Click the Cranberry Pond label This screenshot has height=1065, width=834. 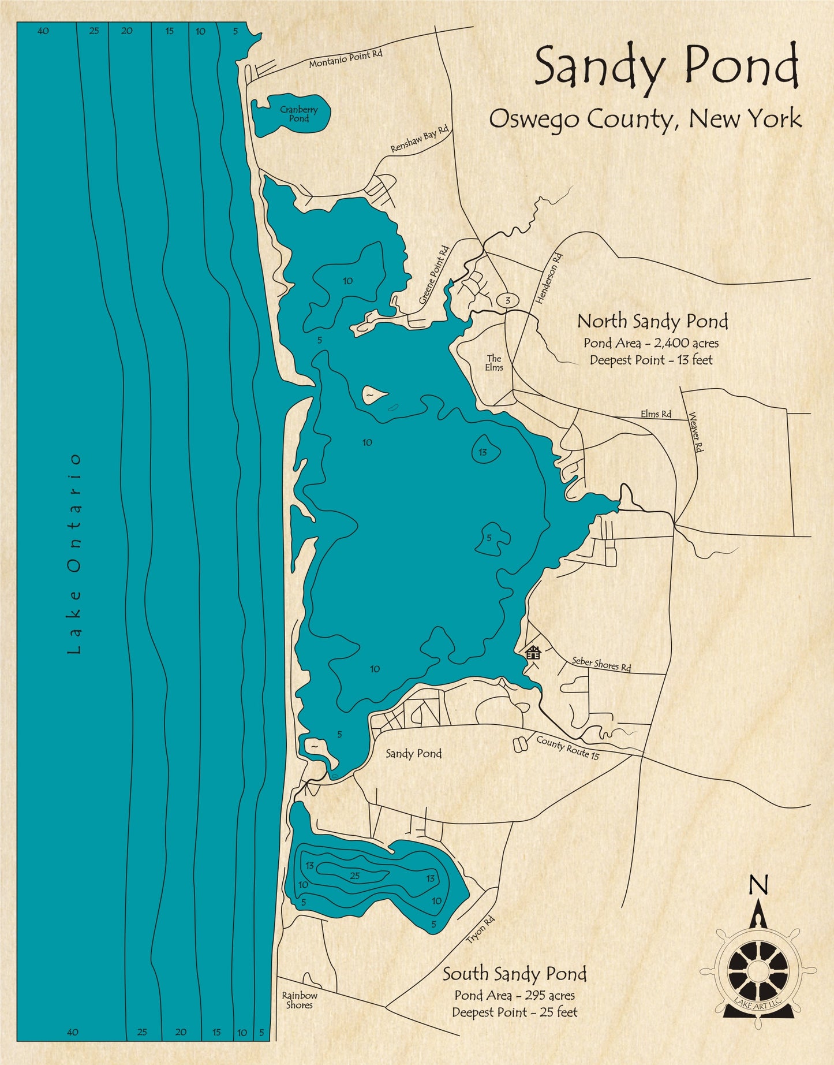tap(298, 114)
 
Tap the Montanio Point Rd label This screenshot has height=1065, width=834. tap(345, 59)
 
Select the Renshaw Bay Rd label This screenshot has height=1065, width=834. tap(419, 139)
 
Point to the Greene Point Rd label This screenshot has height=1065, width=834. tap(433, 275)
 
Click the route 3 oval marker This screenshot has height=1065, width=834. tap(507, 300)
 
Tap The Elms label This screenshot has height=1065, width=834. tap(494, 363)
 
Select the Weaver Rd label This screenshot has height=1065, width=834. tap(697, 432)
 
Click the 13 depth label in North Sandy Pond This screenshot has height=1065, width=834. tap(483, 452)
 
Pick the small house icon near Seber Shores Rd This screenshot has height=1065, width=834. tap(533, 653)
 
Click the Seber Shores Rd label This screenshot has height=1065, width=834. tap(601, 664)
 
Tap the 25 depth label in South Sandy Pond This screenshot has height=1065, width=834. tap(355, 876)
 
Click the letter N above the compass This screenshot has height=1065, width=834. tap(758, 884)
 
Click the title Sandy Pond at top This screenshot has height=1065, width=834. tap(666, 68)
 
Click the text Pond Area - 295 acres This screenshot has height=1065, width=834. tap(514, 995)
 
